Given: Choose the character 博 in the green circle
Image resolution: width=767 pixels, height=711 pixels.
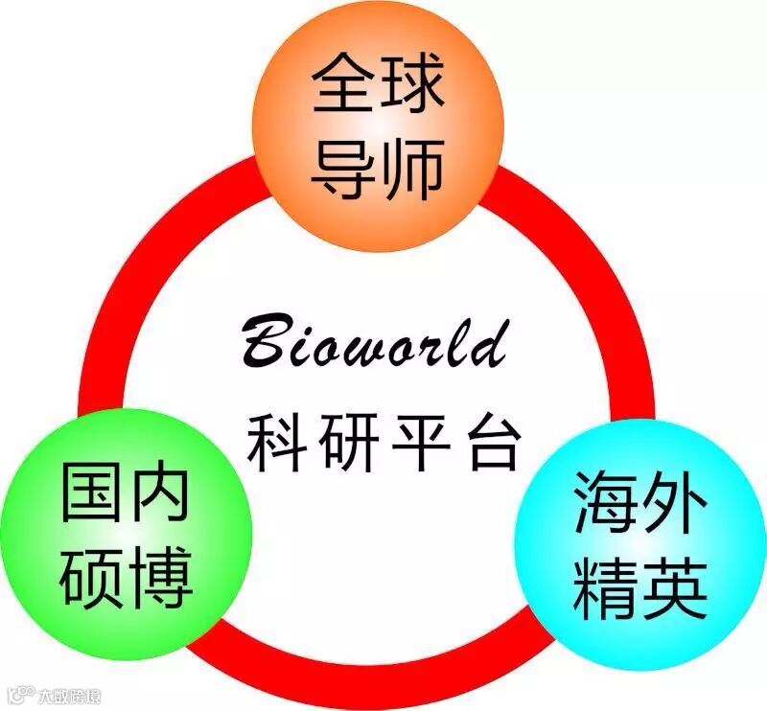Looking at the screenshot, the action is click(x=160, y=574).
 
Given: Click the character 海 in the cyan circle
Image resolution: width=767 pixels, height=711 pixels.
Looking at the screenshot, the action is click(x=605, y=504).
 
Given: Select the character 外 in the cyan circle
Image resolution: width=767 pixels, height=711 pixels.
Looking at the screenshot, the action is click(x=674, y=504).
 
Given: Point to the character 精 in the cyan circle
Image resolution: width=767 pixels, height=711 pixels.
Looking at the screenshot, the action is click(x=605, y=586).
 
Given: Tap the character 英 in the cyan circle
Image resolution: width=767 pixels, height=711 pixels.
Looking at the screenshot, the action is click(x=674, y=586).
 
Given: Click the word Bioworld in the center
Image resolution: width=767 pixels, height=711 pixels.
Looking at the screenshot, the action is click(x=374, y=342).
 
